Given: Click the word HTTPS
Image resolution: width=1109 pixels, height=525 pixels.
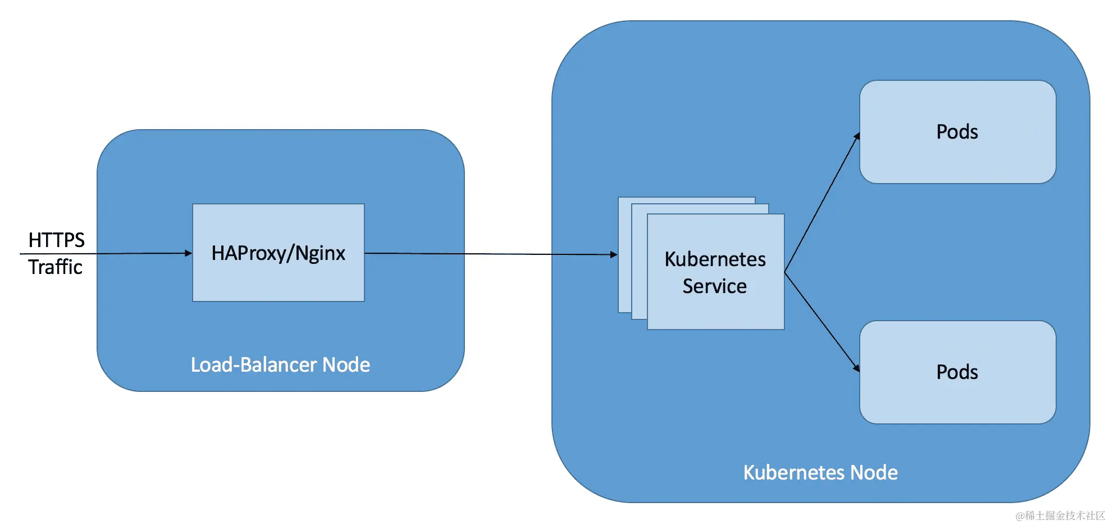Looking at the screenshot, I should pos(56,240).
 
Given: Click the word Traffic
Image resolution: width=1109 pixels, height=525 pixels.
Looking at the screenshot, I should pos(55,267).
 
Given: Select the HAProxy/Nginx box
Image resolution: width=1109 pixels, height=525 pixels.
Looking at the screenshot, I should pos(278,281).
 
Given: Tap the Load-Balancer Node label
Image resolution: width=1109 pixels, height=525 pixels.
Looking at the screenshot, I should pos(280,365).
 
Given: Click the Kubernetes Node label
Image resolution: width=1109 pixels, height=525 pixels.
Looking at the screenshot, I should pos(820,473).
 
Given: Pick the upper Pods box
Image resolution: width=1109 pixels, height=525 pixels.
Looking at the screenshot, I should pos(957,157).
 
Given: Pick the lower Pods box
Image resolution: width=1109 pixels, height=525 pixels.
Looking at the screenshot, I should pos(957,399).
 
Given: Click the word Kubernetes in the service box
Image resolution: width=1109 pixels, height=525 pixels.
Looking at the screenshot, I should pos(715,259).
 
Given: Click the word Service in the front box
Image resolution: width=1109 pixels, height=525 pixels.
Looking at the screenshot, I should pos(714,286).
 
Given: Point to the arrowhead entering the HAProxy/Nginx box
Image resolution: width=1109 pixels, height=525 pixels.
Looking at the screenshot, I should pos(189,253).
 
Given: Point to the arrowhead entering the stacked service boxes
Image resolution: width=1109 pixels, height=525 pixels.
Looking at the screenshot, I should pos(614,254).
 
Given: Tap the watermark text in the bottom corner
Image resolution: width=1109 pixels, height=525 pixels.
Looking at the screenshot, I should pos(1060,515).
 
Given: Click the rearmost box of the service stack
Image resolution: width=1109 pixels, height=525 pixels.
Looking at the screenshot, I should pos(624,253).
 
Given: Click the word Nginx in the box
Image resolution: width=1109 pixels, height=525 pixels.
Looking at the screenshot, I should pos(320,253).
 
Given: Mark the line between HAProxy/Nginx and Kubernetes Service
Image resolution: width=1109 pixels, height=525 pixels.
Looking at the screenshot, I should pos(489,254).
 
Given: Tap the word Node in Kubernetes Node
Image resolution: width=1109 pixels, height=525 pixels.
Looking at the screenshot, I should pos(874,473).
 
